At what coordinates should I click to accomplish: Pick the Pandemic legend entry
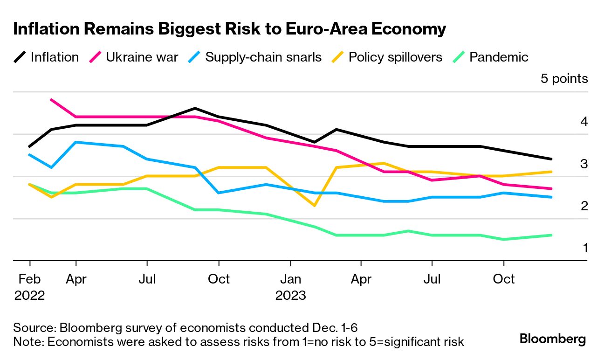(x=491, y=57)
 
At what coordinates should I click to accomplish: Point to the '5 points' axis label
(x=564, y=79)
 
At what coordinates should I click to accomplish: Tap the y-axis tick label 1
(x=585, y=248)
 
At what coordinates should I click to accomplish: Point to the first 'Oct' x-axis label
(x=219, y=279)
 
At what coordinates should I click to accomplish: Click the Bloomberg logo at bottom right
(x=553, y=339)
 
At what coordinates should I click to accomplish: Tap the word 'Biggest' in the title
(x=205, y=29)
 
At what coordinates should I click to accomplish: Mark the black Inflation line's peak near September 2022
(x=195, y=108)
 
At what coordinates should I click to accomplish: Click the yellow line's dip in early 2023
(x=315, y=206)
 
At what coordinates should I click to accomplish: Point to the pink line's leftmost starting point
(x=51, y=100)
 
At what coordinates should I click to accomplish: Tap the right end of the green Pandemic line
(x=551, y=235)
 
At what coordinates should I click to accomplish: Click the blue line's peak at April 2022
(x=75, y=142)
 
